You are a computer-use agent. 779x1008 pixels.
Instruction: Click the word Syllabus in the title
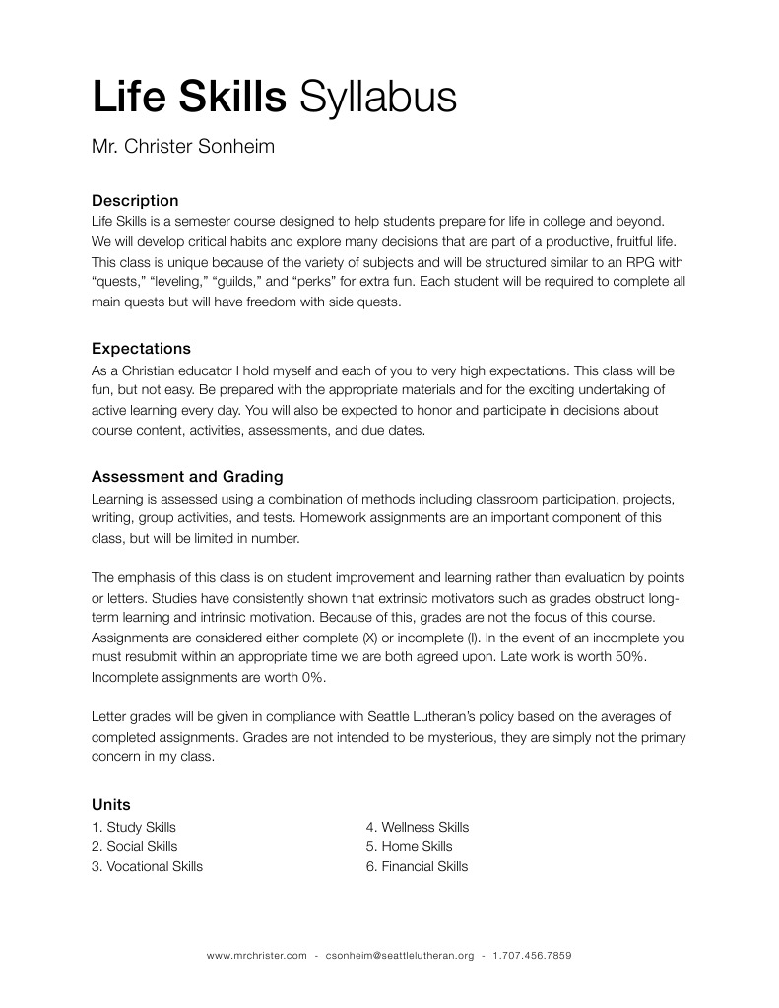tap(377, 98)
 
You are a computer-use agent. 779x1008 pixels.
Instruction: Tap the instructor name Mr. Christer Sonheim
tap(182, 147)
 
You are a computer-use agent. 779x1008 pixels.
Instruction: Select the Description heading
tap(135, 201)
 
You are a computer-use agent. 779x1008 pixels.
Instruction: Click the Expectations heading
tap(141, 348)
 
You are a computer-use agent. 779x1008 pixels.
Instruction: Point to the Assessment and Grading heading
tap(187, 476)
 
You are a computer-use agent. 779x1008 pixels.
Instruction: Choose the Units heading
tap(110, 804)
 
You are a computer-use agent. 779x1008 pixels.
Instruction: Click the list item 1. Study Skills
tap(134, 827)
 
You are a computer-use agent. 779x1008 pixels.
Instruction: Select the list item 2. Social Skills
tap(135, 846)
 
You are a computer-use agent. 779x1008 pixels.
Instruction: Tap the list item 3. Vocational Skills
tap(147, 866)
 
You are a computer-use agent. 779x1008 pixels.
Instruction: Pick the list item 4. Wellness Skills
tap(418, 827)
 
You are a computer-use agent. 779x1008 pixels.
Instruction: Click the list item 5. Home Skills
tap(410, 846)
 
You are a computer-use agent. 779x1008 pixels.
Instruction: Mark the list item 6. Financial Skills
tap(417, 866)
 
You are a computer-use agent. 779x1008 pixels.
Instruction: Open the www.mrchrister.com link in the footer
tap(256, 956)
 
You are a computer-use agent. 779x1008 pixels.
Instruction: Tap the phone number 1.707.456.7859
tap(533, 956)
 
